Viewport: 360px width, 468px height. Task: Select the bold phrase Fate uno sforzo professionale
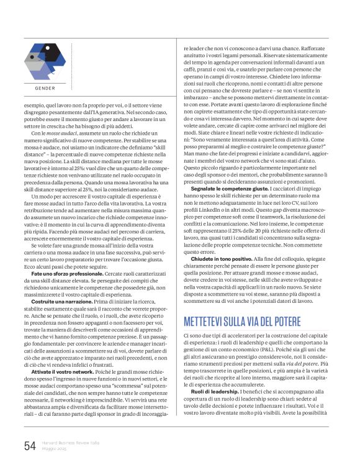pos(65,256)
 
